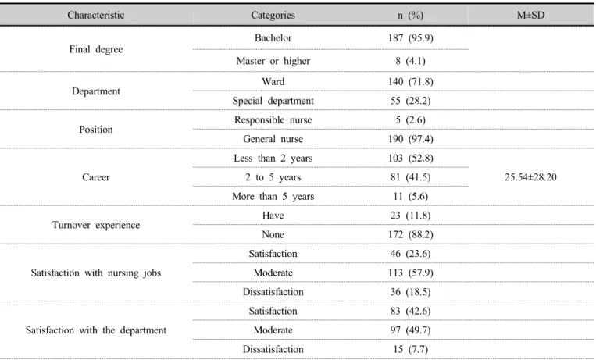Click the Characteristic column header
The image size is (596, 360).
[x=96, y=15]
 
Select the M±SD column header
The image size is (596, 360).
[x=530, y=15]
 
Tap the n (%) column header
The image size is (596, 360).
[x=410, y=15]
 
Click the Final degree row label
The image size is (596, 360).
[x=96, y=49]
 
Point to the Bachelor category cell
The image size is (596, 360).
[x=273, y=38]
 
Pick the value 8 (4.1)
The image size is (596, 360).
[x=410, y=61]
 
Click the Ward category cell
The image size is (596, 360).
[x=273, y=82]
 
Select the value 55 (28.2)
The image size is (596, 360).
[x=410, y=101]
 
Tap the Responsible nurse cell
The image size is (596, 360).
[x=273, y=119]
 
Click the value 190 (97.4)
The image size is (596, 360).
[x=410, y=139]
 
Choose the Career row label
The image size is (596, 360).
[x=96, y=177]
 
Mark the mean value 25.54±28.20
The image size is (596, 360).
[x=530, y=177]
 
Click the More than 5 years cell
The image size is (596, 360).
[x=273, y=197]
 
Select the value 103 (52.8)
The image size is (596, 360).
[x=410, y=159]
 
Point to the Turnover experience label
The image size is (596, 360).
[x=96, y=225]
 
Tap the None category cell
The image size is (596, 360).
[x=273, y=234]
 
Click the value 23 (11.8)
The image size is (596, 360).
[x=410, y=216]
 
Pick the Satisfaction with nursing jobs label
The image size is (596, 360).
[x=96, y=273]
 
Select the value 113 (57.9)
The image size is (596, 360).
[x=410, y=273]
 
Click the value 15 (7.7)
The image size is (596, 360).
[x=410, y=349]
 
